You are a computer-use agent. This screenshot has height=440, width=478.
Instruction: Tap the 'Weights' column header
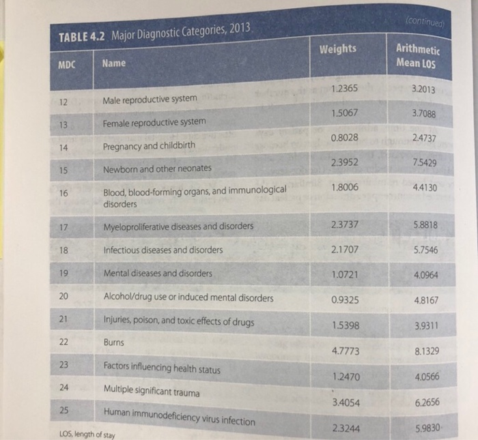[x=338, y=49]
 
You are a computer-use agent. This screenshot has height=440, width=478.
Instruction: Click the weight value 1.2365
[x=342, y=88]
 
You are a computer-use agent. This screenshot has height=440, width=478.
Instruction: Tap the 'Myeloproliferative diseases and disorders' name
[x=178, y=226]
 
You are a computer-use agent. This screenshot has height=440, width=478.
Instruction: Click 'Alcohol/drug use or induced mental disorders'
[x=188, y=297]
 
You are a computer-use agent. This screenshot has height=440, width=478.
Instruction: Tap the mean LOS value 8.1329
[x=427, y=353]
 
